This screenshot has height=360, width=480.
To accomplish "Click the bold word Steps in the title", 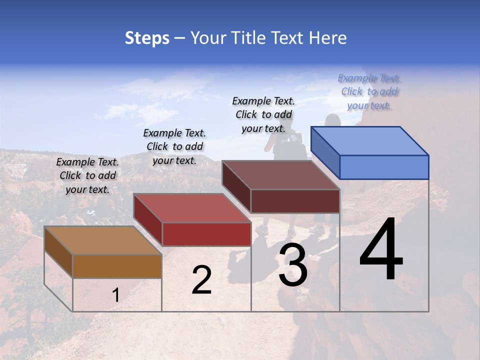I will pos(147,38).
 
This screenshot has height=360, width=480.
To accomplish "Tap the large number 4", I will pos(381,250).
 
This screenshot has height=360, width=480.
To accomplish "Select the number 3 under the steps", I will pos(293,265).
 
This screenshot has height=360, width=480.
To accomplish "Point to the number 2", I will pos(201,280).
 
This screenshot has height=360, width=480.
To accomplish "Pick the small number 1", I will pos(115,295).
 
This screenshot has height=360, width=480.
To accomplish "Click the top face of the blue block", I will pos(369,141).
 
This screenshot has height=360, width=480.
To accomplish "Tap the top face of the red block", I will pos(192,208).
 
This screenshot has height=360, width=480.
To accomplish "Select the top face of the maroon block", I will pos(280,175).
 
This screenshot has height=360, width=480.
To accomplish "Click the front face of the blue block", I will pos(384,167).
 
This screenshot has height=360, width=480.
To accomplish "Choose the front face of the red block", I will pos(206,234).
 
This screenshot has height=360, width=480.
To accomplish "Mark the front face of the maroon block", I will pos(295,201).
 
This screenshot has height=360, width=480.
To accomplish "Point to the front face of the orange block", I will pos(117,266).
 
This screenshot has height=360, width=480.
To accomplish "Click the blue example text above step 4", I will pos(369,91).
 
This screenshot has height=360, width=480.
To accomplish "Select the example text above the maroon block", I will pos(263,114).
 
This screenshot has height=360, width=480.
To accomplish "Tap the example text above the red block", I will pos(174,146).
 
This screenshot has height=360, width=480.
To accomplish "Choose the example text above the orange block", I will pos(87,175).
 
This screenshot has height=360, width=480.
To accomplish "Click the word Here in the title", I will pos(328,38).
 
